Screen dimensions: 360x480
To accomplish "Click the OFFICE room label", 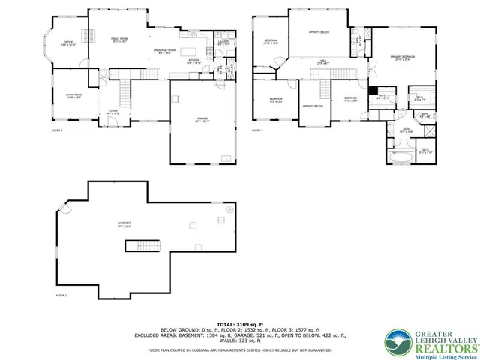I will click(x=67, y=43).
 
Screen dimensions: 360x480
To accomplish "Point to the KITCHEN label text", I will click(x=194, y=61).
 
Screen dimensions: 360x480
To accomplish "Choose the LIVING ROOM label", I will click(x=73, y=95).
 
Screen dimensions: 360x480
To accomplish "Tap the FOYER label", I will click(x=114, y=112).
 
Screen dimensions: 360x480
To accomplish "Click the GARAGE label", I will click(x=202, y=119).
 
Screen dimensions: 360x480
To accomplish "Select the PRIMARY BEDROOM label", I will click(x=403, y=58).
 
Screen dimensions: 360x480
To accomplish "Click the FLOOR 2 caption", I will click(x=57, y=130).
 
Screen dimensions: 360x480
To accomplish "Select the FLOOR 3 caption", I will click(x=257, y=130).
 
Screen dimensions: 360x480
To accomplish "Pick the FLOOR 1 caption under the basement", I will click(x=61, y=295).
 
